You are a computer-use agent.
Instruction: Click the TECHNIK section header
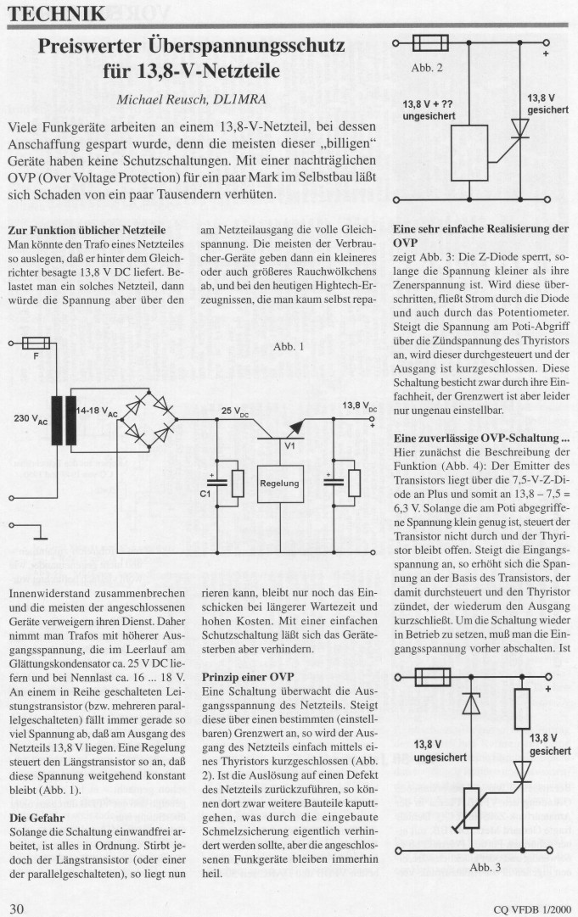click(x=59, y=14)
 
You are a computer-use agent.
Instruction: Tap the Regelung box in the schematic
click(x=279, y=483)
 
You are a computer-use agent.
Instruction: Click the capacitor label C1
click(x=204, y=493)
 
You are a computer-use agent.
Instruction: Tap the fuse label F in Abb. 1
click(x=35, y=357)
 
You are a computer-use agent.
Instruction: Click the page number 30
click(x=18, y=908)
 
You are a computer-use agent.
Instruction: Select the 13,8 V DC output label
click(x=359, y=407)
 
